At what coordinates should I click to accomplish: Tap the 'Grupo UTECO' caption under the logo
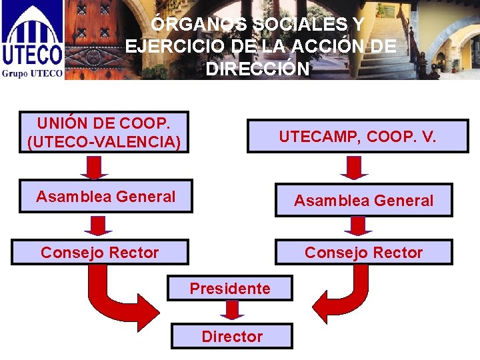click(x=32, y=73)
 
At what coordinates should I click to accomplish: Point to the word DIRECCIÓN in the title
click(x=258, y=69)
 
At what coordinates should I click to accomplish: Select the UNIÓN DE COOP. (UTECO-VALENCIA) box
click(x=104, y=132)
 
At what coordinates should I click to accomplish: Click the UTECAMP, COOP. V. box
click(x=357, y=137)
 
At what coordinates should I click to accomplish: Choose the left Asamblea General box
click(x=105, y=197)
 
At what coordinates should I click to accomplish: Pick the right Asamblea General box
click(x=363, y=200)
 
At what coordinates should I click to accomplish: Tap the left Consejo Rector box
click(x=100, y=253)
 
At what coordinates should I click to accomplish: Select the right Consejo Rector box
click(x=363, y=253)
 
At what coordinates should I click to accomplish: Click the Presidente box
click(x=231, y=289)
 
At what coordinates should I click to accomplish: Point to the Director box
click(x=231, y=336)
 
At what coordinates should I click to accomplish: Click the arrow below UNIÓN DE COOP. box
click(x=94, y=167)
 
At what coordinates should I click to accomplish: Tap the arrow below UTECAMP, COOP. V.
click(x=354, y=167)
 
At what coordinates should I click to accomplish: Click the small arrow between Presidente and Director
click(x=232, y=310)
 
